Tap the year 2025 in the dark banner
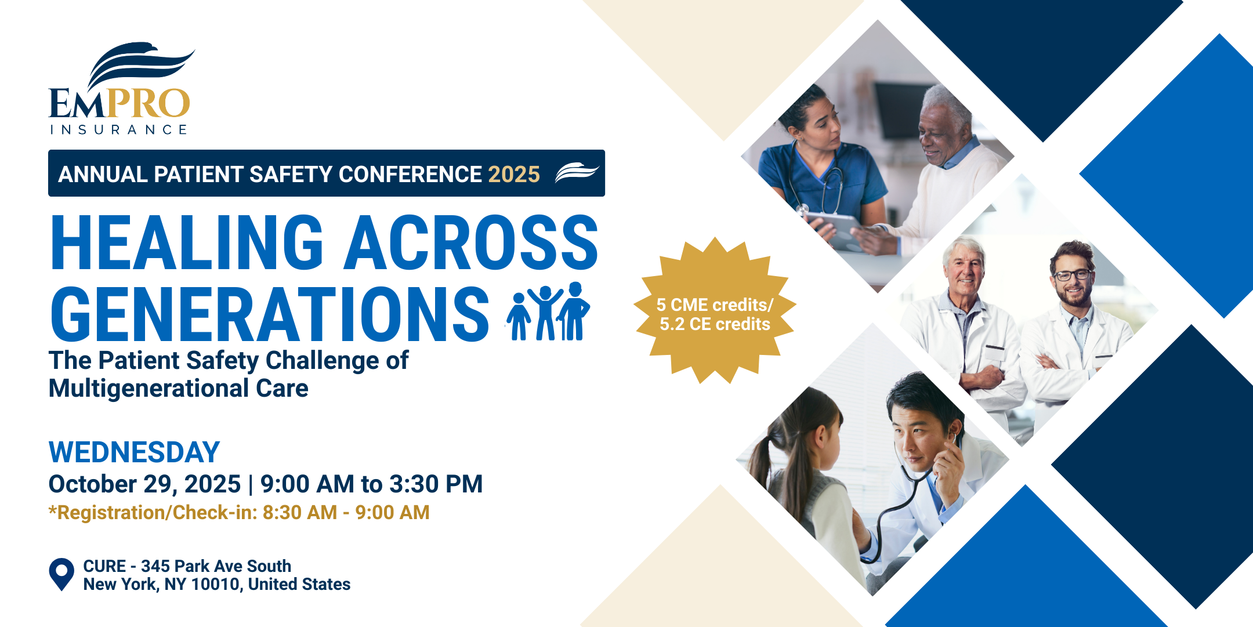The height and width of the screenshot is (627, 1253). point(514,174)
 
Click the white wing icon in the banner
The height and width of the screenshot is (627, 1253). point(576,173)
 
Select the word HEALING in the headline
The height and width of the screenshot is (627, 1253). point(187,242)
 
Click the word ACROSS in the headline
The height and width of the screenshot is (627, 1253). point(471,242)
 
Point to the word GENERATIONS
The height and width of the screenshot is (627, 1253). point(270,314)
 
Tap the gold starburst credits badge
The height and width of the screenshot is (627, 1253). point(715,311)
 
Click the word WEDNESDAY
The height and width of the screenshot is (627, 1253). point(134,452)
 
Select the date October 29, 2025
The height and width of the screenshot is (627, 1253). point(144,484)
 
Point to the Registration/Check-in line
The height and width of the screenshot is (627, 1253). point(239,513)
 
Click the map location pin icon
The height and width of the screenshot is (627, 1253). point(61,574)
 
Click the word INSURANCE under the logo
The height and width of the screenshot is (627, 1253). point(119,129)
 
